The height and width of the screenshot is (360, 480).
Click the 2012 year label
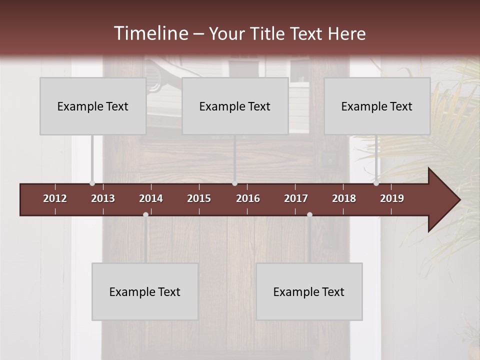[55, 198]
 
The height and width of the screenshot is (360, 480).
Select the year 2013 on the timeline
[103, 198]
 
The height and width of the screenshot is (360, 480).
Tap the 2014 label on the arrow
[151, 198]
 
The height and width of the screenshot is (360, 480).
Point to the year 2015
[199, 198]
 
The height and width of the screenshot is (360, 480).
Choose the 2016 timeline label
[248, 198]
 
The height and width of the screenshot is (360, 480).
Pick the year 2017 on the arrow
[296, 198]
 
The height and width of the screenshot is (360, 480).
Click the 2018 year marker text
[344, 198]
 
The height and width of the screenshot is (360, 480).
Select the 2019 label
[392, 198]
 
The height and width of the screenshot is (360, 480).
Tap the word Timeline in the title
[150, 33]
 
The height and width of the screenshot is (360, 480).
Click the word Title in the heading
[268, 34]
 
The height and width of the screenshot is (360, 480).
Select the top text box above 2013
[93, 106]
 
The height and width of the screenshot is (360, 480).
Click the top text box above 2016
[235, 106]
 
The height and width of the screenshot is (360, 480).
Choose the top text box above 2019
[377, 106]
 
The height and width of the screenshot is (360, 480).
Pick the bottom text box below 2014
[145, 291]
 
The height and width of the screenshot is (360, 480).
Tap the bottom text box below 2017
[309, 291]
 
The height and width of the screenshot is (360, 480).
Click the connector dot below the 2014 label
[145, 214]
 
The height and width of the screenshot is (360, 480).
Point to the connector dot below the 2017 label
[309, 214]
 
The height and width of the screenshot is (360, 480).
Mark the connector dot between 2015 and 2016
[234, 183]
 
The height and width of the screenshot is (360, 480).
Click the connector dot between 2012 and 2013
[92, 183]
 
